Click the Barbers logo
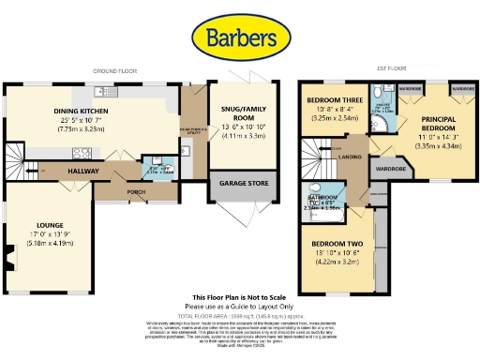[x=239, y=37]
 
